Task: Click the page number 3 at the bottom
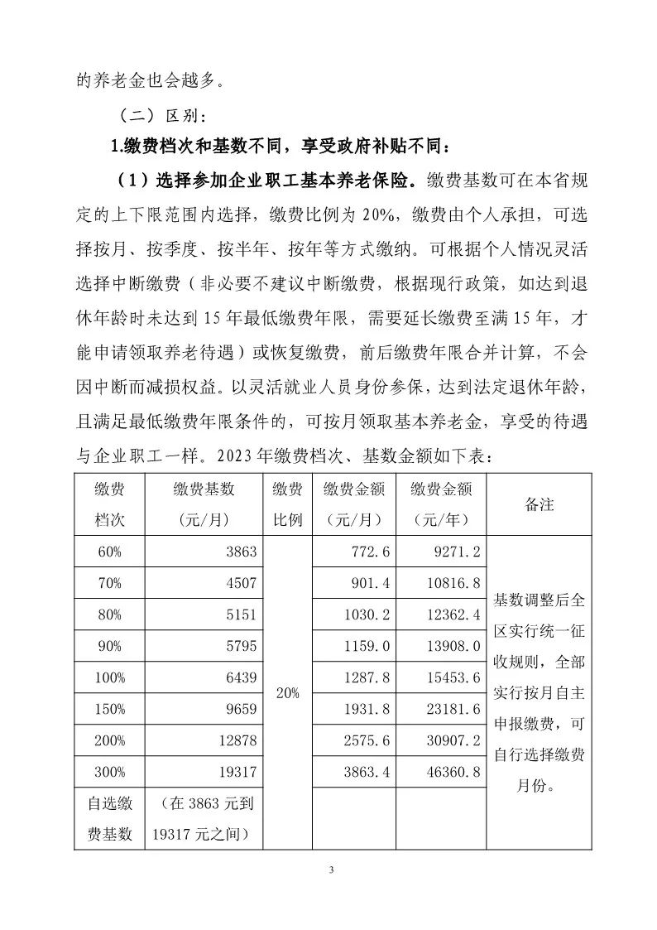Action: [x=330, y=870]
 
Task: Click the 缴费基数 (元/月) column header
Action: [x=204, y=504]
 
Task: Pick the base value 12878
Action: [x=238, y=740]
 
